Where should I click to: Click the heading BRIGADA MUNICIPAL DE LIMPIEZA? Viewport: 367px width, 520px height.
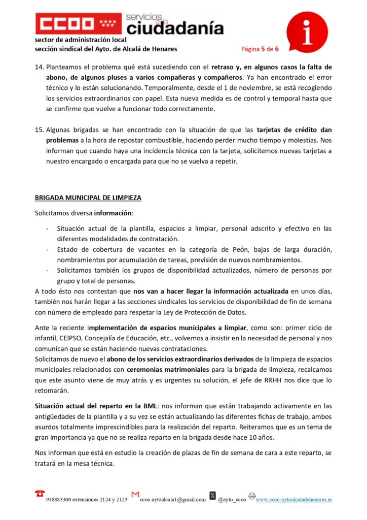pyautogui.click(x=88, y=198)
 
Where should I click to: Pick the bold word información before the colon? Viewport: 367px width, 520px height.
pyautogui.click(x=113, y=213)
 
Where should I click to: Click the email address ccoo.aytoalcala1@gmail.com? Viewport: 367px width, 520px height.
pyautogui.click(x=173, y=500)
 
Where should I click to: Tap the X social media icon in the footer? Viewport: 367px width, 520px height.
pyautogui.click(x=213, y=495)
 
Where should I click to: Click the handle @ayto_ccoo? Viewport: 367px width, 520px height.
pyautogui.click(x=232, y=500)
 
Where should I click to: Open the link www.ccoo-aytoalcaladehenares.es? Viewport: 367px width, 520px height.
pyautogui.click(x=293, y=500)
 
